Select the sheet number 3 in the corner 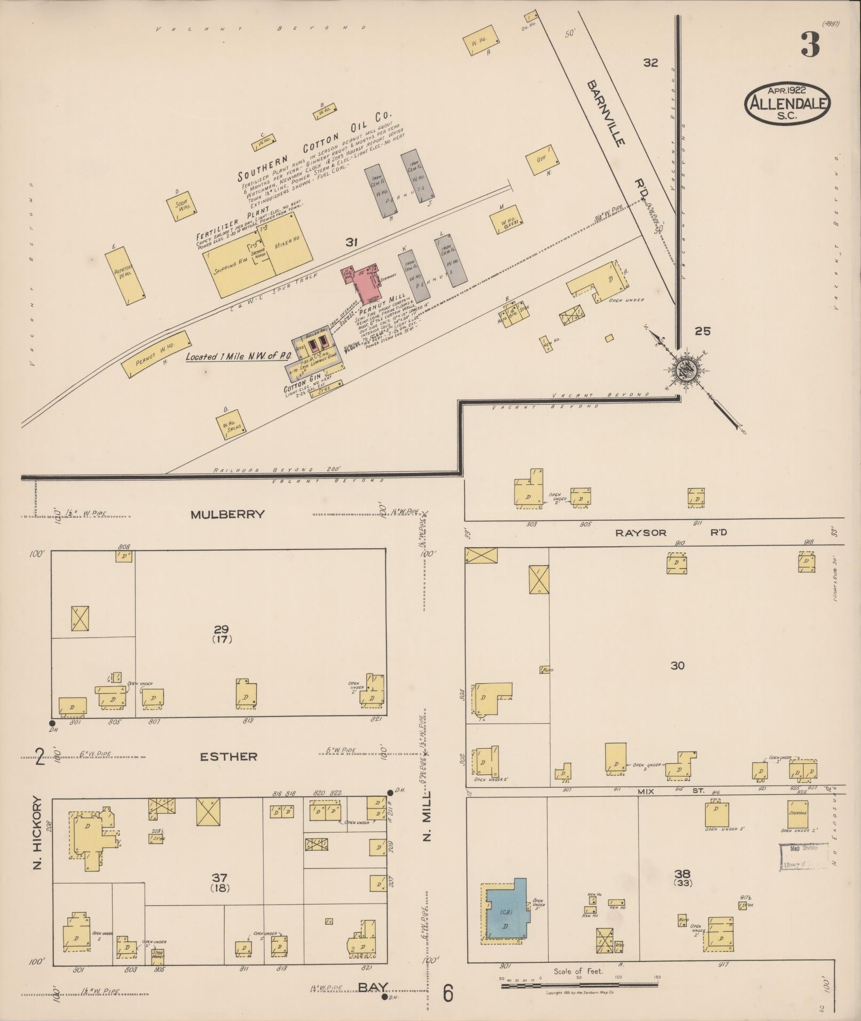click(810, 45)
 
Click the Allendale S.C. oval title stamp click(787, 103)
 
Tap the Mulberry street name click(228, 515)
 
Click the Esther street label click(228, 756)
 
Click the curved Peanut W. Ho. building click(156, 354)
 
